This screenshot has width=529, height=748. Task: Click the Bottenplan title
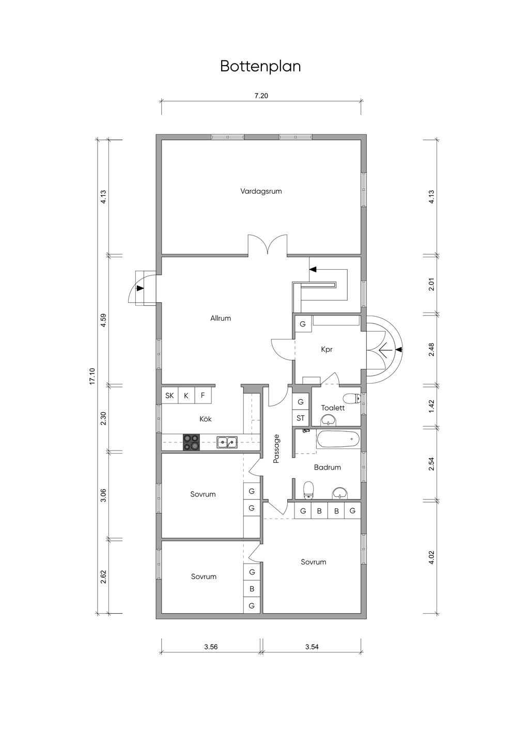coord(260,67)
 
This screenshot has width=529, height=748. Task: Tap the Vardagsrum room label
coord(261,191)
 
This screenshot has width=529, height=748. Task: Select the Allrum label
coord(221,318)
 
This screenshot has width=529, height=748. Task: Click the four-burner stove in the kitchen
coord(191,442)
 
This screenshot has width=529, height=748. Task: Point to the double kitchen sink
coord(227,442)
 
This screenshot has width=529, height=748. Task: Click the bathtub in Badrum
coord(338,439)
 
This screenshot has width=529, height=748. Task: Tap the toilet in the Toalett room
coord(352,398)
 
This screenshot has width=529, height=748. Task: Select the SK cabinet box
coord(169,396)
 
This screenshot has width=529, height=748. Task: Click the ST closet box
coord(301,418)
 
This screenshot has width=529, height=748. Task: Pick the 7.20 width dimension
coord(261,96)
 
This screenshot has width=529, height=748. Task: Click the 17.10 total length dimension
coord(92,377)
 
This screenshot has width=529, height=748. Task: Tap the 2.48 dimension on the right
coord(431,349)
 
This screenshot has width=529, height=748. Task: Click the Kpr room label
coord(326,350)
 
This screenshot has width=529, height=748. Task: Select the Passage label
coord(276,448)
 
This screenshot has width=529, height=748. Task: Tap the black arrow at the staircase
coord(313,269)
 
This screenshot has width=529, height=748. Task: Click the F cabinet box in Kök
coord(203,396)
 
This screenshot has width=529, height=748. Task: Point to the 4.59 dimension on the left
coord(103,320)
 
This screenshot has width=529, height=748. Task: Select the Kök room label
coord(206,419)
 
